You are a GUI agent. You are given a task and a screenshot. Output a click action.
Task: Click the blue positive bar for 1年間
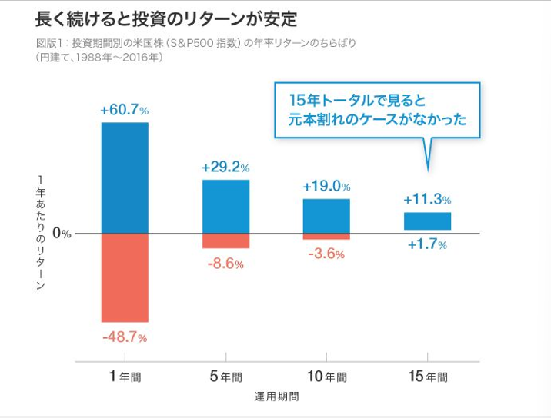pos(125,177)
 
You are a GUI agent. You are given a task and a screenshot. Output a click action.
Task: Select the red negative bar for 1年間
pos(125,277)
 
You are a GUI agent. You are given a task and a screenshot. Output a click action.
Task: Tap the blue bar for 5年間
pos(225,206)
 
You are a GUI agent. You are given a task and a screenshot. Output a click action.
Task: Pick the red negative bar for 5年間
pos(225,241)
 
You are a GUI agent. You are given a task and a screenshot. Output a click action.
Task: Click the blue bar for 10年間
pos(326,216)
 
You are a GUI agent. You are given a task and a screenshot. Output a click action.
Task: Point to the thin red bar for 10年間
pos(326,236)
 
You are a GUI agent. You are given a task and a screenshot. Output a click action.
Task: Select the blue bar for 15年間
pos(427,221)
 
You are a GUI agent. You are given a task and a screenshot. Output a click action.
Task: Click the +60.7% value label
pos(124,111)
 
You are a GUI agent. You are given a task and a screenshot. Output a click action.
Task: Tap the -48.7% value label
pos(124,337)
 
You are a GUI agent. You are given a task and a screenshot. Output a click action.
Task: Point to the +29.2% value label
pos(225,168)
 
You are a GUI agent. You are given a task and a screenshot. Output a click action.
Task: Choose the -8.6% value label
pos(225,264)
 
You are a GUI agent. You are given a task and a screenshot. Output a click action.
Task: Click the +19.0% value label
pos(326,186)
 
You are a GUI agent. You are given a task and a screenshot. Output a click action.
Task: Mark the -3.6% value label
pos(326,254)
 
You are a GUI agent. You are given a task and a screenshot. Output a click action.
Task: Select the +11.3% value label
pos(427,200)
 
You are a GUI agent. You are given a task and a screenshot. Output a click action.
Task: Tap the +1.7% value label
pos(427,245)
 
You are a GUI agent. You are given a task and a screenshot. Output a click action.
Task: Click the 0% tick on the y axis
pos(62,234)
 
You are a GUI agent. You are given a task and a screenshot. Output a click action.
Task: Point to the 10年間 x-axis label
pos(326,377)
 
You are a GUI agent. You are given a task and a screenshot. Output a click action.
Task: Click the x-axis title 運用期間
pos(276,397)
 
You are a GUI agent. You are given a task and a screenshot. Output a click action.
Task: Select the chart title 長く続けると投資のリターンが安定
pos(165,17)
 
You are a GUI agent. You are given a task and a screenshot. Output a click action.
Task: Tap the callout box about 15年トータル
pos(376,111)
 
